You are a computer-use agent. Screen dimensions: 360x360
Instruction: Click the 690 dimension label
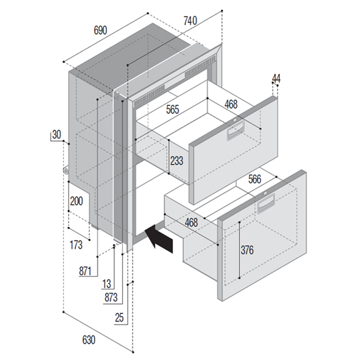click(100, 31)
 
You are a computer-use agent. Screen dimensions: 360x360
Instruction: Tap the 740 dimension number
click(191, 20)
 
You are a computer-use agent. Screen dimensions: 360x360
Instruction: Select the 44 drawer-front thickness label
click(276, 79)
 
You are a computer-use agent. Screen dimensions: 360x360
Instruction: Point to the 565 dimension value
click(172, 110)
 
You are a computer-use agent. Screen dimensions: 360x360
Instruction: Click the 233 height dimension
click(177, 161)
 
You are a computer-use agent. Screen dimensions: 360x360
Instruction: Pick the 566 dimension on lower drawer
click(255, 179)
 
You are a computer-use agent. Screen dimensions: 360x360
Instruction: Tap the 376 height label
click(247, 250)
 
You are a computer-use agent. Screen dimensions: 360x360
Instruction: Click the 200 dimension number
click(77, 201)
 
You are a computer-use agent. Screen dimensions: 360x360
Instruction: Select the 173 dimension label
click(76, 245)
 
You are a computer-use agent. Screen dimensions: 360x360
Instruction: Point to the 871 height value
click(85, 271)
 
